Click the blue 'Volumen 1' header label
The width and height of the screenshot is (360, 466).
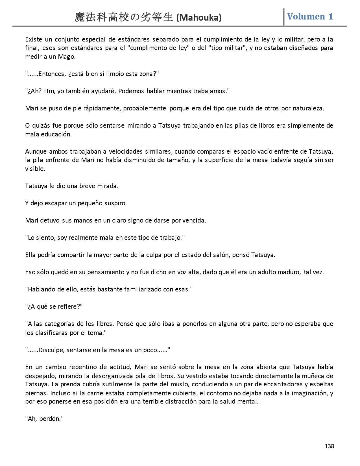click(x=310, y=17)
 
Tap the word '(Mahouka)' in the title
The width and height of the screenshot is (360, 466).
click(x=199, y=18)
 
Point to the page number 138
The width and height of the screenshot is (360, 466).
click(x=329, y=446)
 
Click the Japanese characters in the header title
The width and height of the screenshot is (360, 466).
click(x=124, y=18)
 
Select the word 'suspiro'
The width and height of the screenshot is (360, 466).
click(x=115, y=203)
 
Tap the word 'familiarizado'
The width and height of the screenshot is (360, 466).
click(x=142, y=289)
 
